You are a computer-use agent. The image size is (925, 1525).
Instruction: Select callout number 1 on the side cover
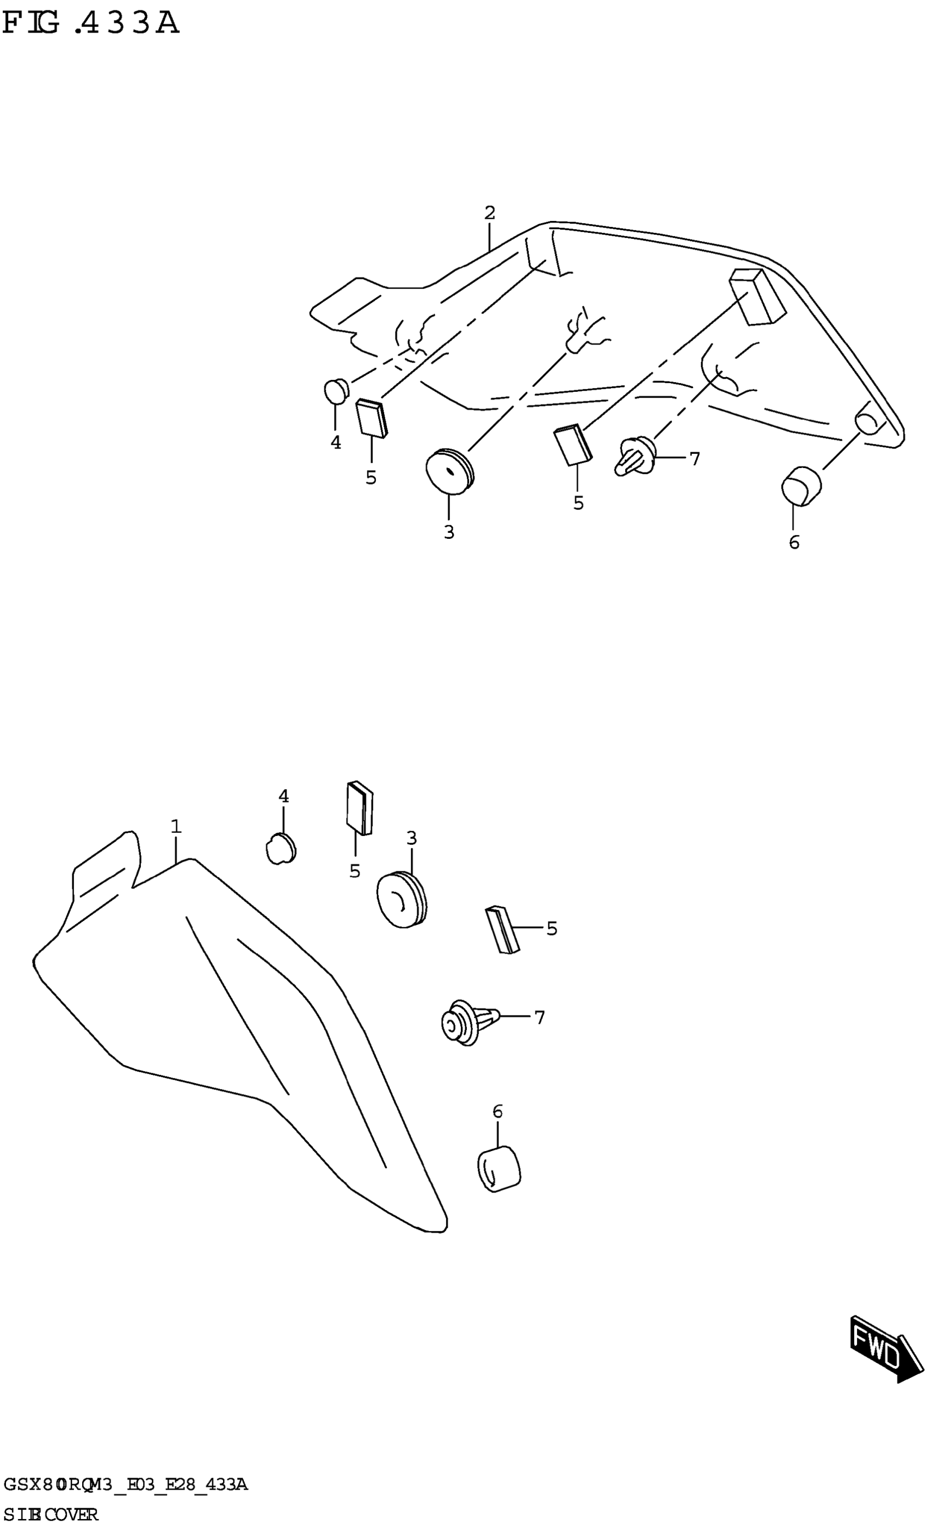[x=176, y=826]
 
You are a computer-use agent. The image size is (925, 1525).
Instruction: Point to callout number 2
[x=489, y=213]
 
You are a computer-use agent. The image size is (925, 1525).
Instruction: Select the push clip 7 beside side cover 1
[x=466, y=1023]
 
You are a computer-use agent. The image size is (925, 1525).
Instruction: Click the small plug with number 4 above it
[x=281, y=848]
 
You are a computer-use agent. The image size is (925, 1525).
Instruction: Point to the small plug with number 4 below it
[x=336, y=391]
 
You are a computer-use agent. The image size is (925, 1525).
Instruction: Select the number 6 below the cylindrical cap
[x=794, y=543]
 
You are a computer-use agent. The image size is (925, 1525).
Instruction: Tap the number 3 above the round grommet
[x=411, y=839]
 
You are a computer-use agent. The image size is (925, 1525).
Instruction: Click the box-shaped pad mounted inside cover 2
[x=757, y=296]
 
